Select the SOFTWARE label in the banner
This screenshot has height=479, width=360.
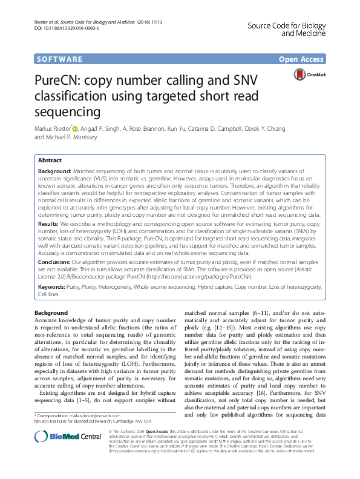pyautogui.click(x=60, y=59)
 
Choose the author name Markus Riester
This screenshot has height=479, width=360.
pyautogui.click(x=53, y=128)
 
